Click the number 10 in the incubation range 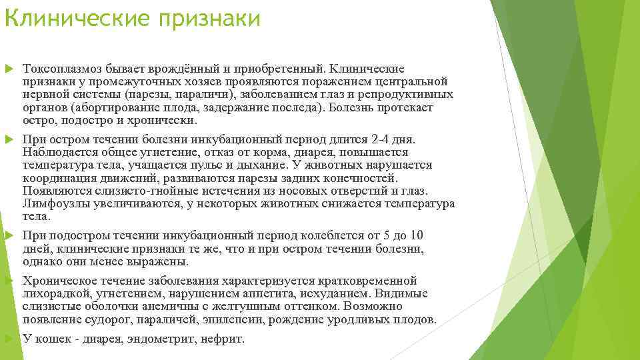[416, 235]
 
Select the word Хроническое [56, 280]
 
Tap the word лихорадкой [53, 293]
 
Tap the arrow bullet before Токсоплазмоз [8, 69]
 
